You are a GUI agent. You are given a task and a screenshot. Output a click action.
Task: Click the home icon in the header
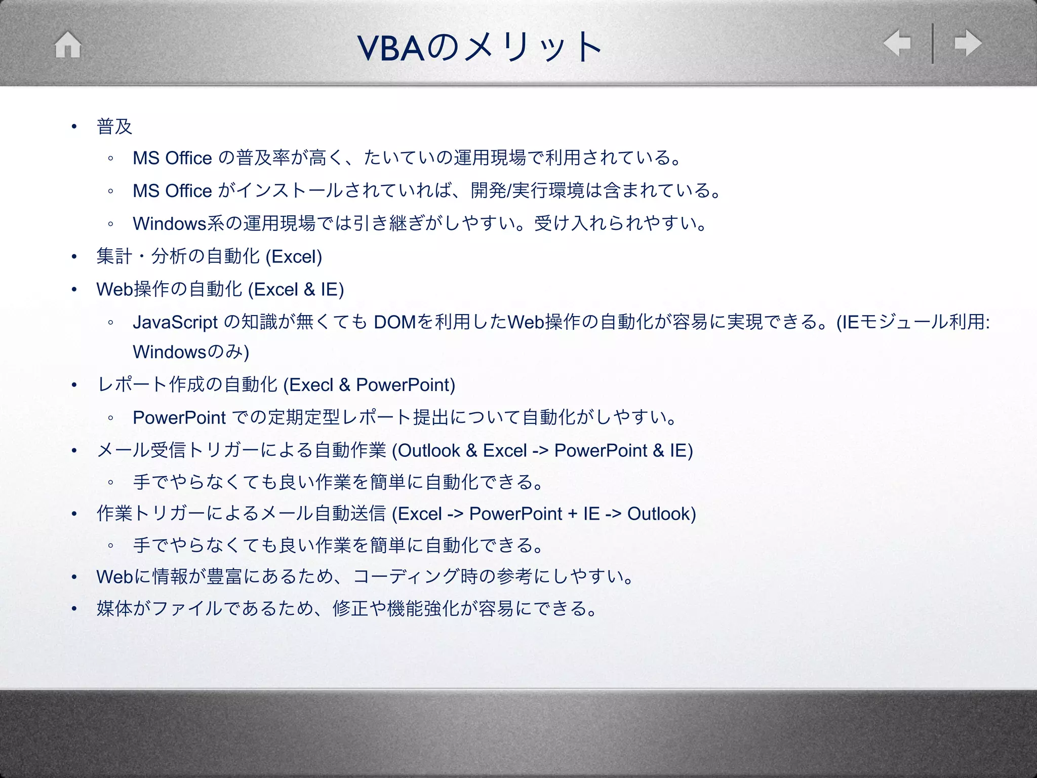point(68,45)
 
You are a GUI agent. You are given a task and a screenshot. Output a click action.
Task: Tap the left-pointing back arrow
point(897,43)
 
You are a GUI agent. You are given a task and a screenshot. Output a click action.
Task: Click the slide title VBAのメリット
point(479,47)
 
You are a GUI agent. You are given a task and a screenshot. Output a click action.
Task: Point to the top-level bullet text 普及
point(114,127)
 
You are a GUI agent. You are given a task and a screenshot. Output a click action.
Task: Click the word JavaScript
point(175,322)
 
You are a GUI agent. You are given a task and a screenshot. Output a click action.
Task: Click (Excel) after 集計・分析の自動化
point(294,257)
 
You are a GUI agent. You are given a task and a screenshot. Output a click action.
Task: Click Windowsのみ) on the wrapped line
point(191,352)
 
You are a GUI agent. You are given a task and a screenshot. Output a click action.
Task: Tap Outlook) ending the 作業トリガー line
point(661,514)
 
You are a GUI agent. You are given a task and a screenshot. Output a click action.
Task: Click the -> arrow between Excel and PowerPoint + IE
point(455,514)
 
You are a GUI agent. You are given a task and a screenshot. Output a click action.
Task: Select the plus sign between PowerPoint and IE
point(573,514)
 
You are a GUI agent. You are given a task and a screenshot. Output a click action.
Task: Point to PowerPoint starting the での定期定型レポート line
point(179,418)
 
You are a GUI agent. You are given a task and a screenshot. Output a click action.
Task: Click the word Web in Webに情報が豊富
point(115,576)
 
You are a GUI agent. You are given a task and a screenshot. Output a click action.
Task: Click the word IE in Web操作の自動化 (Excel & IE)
point(330,290)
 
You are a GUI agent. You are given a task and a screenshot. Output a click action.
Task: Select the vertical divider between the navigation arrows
point(932,44)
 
